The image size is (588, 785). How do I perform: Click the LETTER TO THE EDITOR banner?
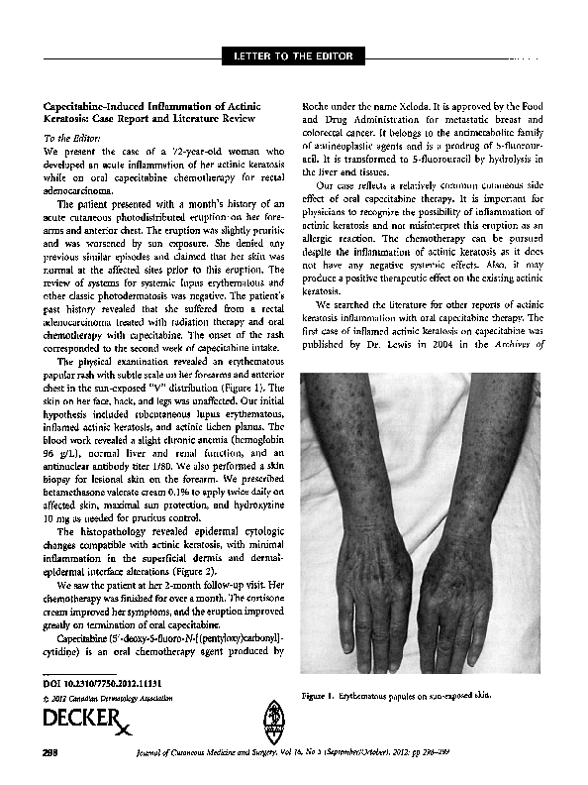(293, 54)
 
